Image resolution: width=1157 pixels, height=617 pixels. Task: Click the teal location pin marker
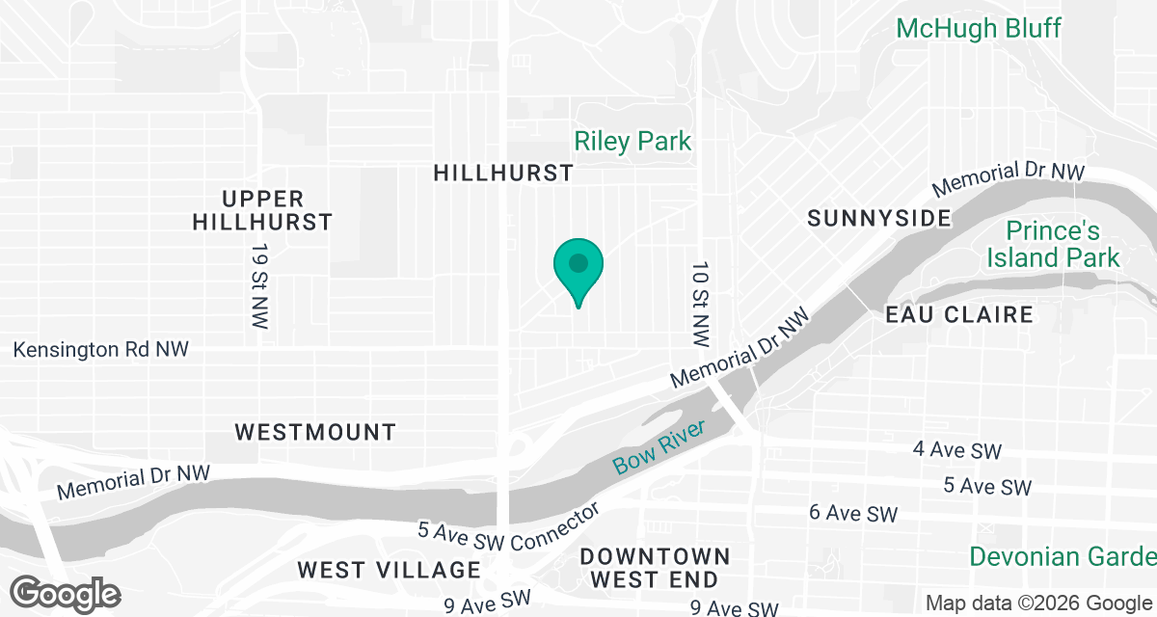click(578, 267)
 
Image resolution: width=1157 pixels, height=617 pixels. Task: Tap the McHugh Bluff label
click(978, 28)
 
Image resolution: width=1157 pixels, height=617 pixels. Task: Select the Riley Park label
click(632, 142)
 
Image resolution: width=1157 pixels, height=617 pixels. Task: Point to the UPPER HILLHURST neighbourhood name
click(262, 210)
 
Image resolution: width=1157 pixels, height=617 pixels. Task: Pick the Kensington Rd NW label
click(101, 349)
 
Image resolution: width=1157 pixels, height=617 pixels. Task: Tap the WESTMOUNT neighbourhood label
click(315, 432)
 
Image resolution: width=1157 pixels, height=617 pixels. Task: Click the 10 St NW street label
click(701, 304)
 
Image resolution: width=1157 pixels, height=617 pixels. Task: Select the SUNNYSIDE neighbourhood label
click(879, 218)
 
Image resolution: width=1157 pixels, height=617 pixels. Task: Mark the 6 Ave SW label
click(853, 514)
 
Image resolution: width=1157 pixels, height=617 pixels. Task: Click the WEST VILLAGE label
click(389, 570)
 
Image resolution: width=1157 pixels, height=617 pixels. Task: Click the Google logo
click(67, 595)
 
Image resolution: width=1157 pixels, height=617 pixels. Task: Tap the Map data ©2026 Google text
click(1036, 604)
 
